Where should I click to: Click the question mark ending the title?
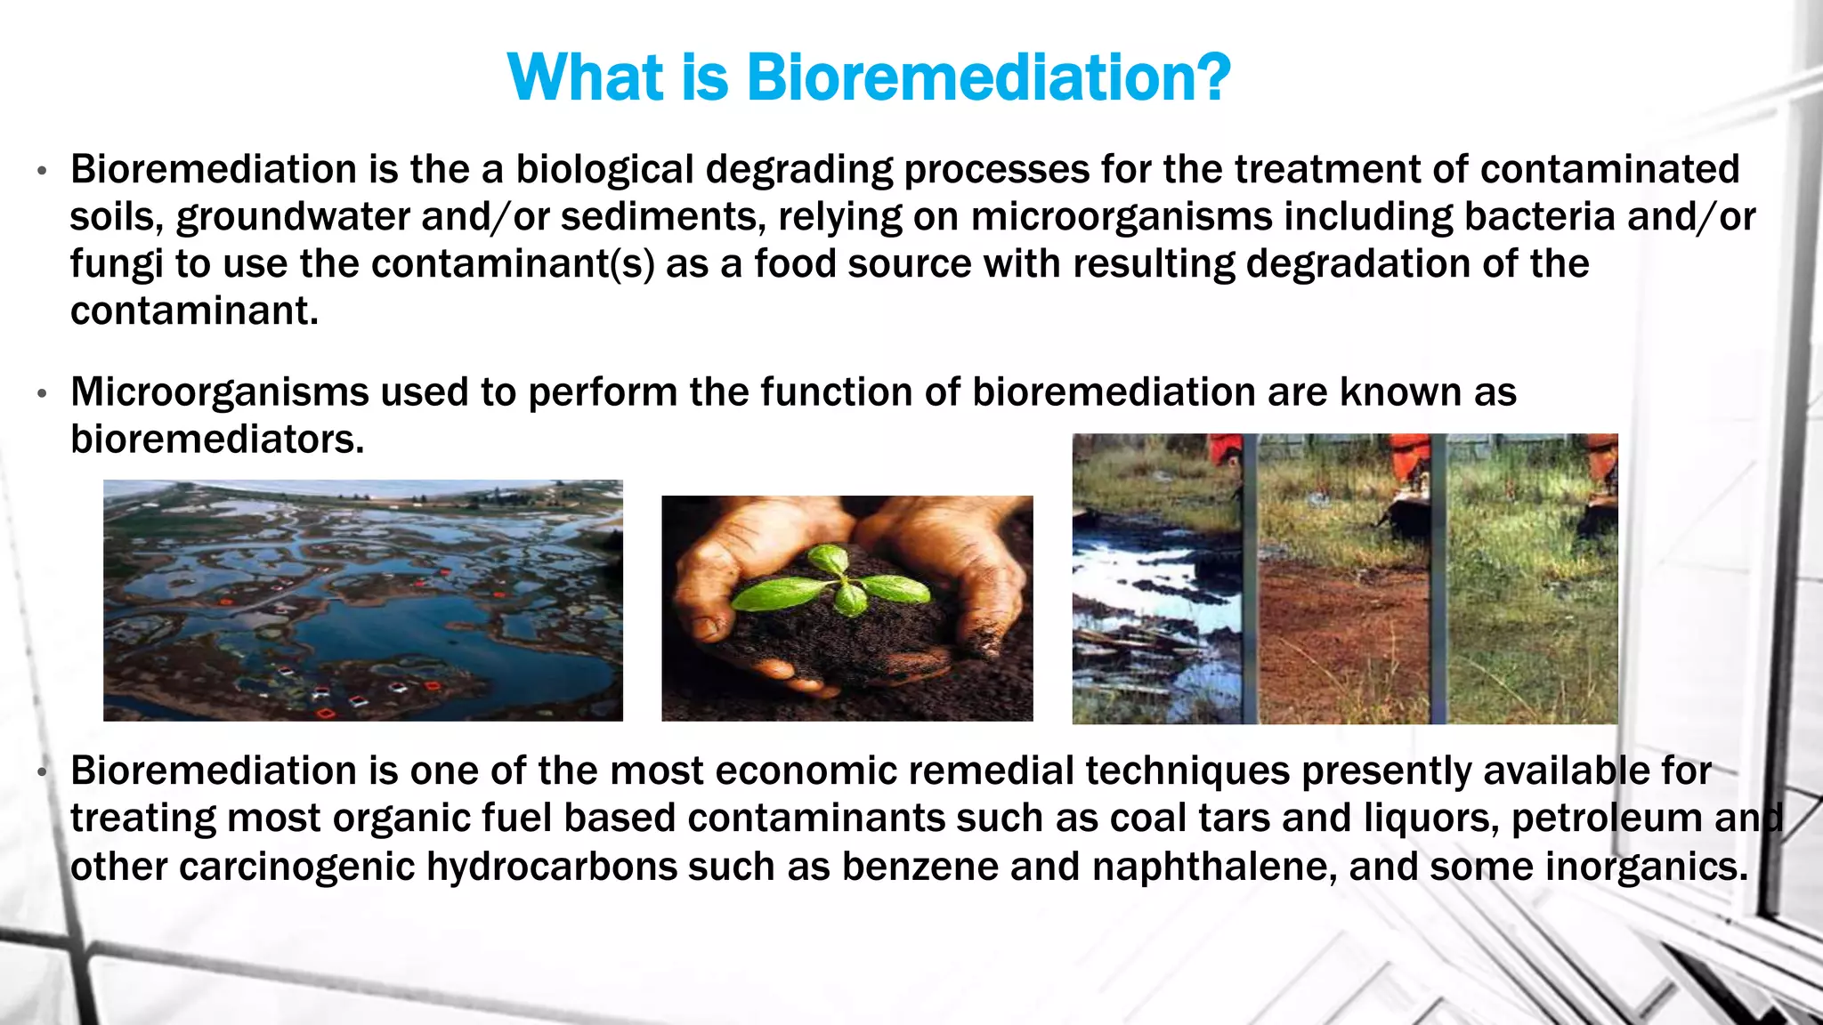tap(1212, 78)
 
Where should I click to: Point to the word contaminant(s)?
tap(513, 264)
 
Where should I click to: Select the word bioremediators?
tap(216, 440)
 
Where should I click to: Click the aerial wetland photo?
tap(363, 601)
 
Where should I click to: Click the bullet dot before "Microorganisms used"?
tap(42, 393)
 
